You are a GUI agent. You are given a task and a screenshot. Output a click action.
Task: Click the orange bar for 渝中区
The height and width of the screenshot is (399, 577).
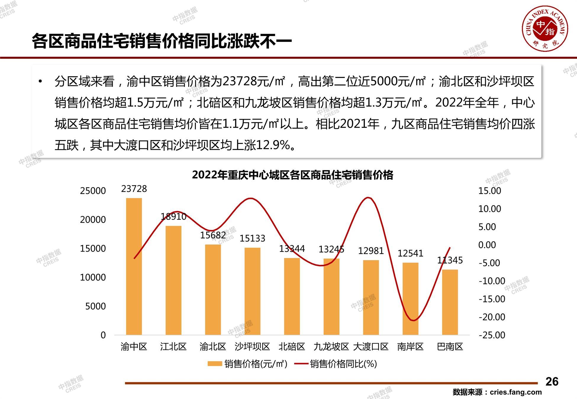134,266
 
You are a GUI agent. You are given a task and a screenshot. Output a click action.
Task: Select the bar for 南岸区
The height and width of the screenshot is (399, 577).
410,299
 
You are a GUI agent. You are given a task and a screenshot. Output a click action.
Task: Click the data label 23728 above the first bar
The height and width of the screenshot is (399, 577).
134,189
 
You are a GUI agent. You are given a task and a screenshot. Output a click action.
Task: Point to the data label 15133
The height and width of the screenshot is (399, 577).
252,238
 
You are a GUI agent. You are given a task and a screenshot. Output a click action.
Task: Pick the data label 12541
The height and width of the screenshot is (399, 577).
410,253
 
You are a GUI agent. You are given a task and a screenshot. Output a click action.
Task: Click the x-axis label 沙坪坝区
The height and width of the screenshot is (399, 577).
252,346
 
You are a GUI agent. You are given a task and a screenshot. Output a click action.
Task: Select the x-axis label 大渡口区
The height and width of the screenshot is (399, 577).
370,346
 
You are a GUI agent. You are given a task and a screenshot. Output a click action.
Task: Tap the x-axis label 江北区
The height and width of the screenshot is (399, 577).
173,346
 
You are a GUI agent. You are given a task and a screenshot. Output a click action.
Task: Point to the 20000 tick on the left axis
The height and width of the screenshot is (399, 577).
93,220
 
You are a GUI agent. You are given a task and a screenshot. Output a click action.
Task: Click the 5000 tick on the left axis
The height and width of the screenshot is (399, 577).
95,306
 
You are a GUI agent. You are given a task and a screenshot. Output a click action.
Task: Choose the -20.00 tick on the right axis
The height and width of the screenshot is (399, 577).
492,317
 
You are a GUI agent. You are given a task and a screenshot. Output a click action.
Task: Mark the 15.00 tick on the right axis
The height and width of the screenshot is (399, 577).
490,191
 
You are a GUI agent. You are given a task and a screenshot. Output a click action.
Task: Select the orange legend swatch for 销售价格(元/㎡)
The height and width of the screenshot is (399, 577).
215,364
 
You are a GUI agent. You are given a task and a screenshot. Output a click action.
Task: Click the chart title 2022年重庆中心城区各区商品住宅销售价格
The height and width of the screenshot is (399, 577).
292,175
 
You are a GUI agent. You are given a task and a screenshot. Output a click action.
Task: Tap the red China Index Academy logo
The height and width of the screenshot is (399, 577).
545,28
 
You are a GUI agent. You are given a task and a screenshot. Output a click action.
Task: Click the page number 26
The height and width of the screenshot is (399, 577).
552,382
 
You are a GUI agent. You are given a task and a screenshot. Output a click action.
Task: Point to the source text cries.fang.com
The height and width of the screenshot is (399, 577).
515,392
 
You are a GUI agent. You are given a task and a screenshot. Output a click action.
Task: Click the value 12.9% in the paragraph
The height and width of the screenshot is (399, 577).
272,145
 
